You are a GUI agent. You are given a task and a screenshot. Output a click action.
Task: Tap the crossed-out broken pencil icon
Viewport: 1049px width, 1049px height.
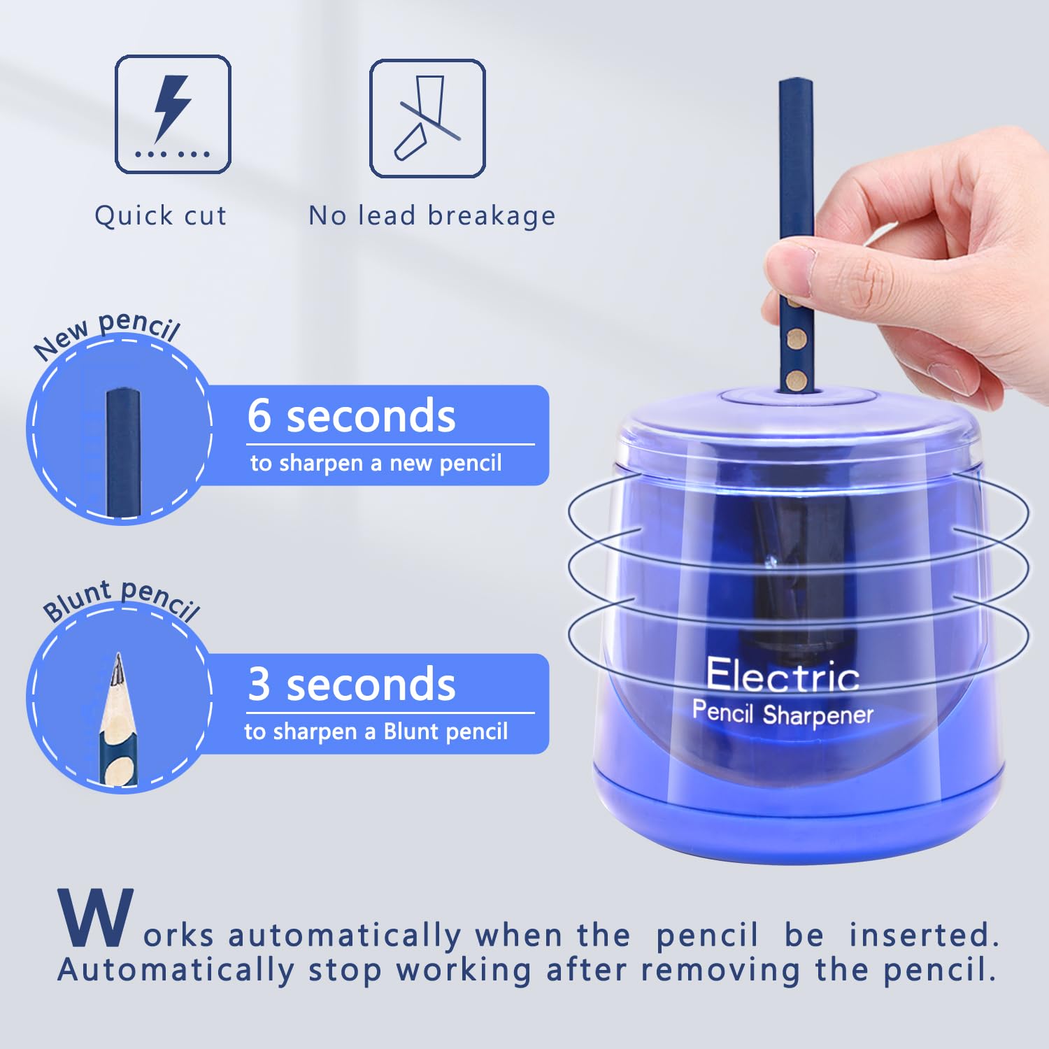[427, 118]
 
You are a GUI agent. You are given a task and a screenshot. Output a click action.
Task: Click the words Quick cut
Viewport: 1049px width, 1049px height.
[161, 216]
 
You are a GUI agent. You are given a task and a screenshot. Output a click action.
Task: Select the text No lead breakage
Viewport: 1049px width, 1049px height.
[432, 216]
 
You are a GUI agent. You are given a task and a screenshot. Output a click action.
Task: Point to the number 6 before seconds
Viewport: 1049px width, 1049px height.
[259, 415]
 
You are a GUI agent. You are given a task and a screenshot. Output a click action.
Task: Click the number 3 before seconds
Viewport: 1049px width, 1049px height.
[259, 684]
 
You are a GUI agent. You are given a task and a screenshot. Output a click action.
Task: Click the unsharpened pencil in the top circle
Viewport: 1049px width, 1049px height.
[124, 451]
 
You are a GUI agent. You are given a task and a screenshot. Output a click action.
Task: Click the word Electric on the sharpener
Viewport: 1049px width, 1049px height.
[783, 676]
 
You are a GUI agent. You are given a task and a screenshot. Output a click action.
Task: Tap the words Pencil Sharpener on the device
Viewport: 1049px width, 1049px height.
[783, 713]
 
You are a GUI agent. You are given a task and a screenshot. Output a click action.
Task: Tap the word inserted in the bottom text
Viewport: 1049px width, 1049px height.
[924, 936]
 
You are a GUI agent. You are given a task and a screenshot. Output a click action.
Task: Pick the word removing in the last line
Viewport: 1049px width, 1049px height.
[720, 970]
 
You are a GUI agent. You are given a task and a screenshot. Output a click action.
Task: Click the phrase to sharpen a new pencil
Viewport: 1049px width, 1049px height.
[376, 463]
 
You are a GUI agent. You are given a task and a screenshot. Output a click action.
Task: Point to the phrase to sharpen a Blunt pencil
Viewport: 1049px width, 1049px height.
[376, 732]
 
